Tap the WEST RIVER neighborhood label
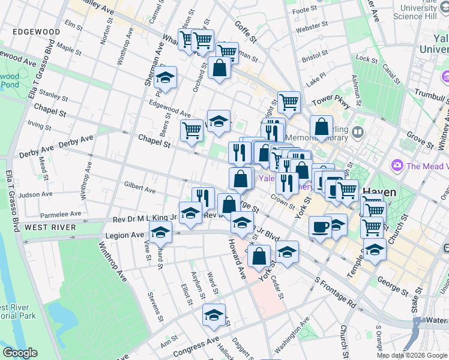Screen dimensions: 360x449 [50, 227]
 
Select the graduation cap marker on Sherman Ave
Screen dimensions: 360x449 [165, 78]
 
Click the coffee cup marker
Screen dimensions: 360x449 [320, 227]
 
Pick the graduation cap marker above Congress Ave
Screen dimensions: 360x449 [214, 314]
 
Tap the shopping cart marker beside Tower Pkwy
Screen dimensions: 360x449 [289, 102]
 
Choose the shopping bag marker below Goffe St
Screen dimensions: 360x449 [219, 68]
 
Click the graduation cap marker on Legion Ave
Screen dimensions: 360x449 [160, 232]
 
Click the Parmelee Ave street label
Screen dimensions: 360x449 [59, 213]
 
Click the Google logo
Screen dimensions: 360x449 [20, 353]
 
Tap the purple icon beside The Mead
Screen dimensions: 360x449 [396, 164]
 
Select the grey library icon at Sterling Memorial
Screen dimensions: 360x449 [358, 131]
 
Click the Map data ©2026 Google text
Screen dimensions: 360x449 [412, 355]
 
